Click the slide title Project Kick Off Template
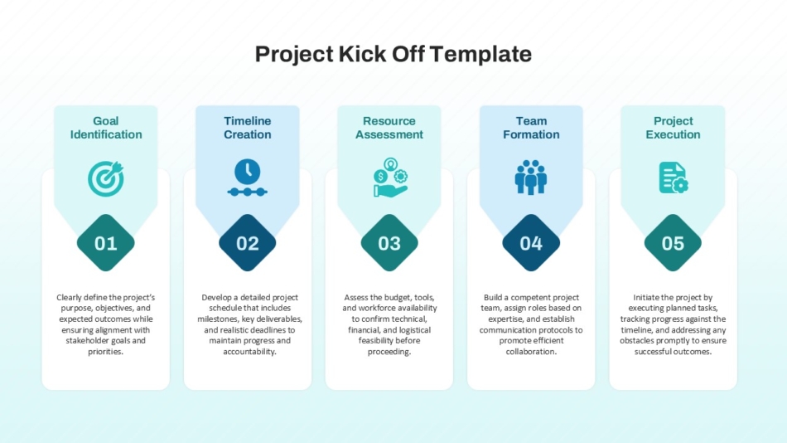pos(393,54)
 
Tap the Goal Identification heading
pos(106,128)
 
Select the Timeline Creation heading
pos(248,128)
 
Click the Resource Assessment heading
pos(389,128)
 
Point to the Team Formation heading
pos(531,128)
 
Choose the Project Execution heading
pos(673,128)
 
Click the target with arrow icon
pos(106,178)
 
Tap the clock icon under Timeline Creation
pos(248,177)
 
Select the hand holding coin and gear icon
pos(390,177)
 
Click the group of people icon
pos(531,177)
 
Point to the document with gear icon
pos(673,178)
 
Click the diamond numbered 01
pos(106,243)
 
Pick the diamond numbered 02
pos(248,243)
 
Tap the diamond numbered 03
pos(389,243)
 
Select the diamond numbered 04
pos(531,243)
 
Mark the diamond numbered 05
pos(673,243)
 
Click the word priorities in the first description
pos(105,352)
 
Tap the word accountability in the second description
pos(249,352)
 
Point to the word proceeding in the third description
pos(389,352)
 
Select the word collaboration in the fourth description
pos(531,352)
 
